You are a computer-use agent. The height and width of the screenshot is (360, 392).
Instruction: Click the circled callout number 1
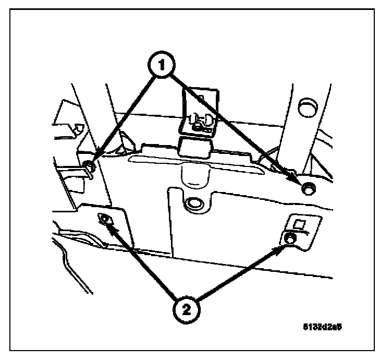pos(163,66)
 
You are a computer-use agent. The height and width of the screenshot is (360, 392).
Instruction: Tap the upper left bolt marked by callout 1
pos(89,166)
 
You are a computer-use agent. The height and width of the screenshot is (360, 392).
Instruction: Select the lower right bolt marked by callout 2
pos(290,238)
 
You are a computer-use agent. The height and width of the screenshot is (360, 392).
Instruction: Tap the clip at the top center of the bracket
pos(199,122)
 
